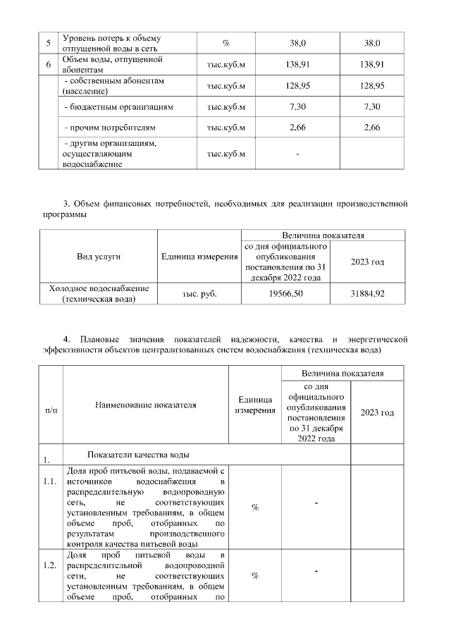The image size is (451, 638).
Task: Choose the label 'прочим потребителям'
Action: (109, 128)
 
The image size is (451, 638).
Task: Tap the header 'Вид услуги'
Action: (99, 257)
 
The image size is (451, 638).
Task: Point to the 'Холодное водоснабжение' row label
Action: (99, 293)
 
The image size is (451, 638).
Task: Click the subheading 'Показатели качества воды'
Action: (137, 454)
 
